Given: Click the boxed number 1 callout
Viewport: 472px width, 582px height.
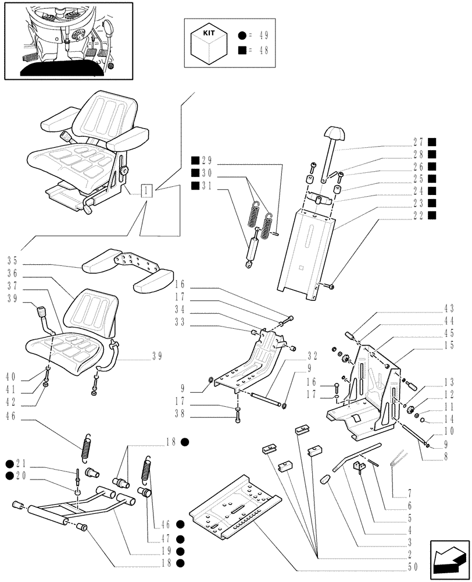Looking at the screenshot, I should click(146, 190).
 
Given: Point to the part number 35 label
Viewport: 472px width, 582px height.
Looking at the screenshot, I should click(13, 260).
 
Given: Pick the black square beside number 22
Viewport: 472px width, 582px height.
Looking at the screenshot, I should click(432, 215).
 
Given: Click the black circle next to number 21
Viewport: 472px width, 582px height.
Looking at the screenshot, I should click(10, 463).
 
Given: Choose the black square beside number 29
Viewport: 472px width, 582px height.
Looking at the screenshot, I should click(195, 160).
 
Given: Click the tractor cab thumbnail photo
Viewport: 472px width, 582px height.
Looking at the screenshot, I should click(67, 40).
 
